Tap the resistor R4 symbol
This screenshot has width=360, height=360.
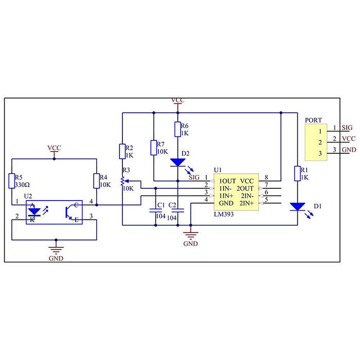[96, 181]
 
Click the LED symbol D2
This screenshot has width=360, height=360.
[177, 162]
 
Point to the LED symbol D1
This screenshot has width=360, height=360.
[298, 207]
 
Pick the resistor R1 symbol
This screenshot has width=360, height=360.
[298, 173]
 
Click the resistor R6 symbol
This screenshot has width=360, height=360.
[177, 129]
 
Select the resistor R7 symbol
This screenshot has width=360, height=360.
[154, 148]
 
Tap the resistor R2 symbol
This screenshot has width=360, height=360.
[122, 151]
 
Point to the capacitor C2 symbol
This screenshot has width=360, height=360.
[177, 210]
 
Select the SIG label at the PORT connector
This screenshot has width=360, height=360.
[347, 127]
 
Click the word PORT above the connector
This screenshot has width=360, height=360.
[313, 120]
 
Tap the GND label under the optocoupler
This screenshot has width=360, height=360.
[56, 258]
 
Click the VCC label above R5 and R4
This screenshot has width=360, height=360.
[54, 148]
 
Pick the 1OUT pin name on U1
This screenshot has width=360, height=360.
[227, 181]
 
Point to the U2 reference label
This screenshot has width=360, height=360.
[28, 196]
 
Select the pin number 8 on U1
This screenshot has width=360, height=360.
[266, 177]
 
